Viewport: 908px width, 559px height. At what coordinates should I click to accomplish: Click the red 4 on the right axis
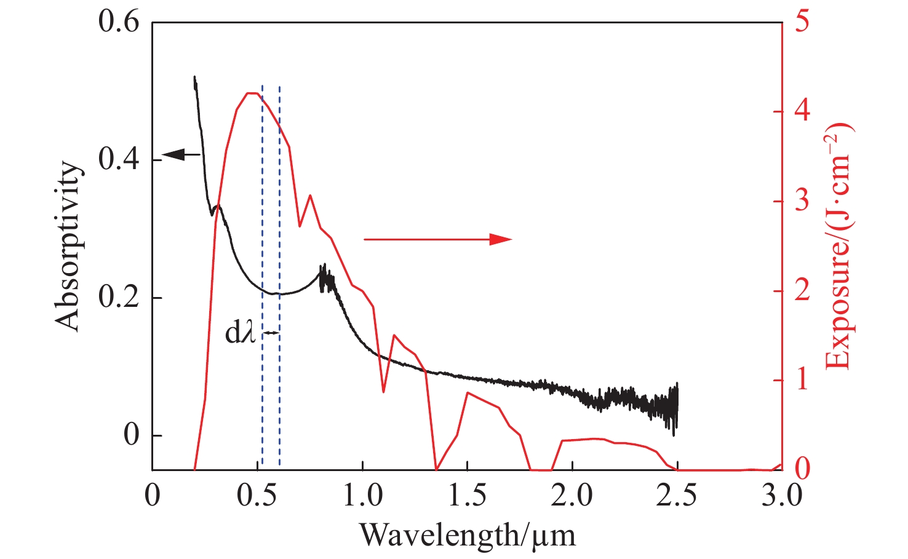802,111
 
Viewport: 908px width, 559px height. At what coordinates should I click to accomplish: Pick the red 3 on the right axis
802,201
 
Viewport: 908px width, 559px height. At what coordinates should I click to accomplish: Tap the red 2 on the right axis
802,290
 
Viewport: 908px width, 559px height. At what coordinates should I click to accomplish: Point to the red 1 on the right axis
802,380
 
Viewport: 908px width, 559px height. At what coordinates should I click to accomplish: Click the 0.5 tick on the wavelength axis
257,496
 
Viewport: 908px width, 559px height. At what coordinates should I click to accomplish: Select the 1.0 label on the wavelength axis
362,496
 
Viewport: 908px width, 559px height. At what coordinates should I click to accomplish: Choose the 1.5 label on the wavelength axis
468,496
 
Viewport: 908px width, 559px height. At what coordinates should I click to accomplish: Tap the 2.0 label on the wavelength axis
572,496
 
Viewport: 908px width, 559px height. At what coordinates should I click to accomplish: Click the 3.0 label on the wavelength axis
782,496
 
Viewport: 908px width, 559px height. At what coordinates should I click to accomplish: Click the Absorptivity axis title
68,247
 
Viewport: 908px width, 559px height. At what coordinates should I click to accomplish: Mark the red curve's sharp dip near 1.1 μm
383,391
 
